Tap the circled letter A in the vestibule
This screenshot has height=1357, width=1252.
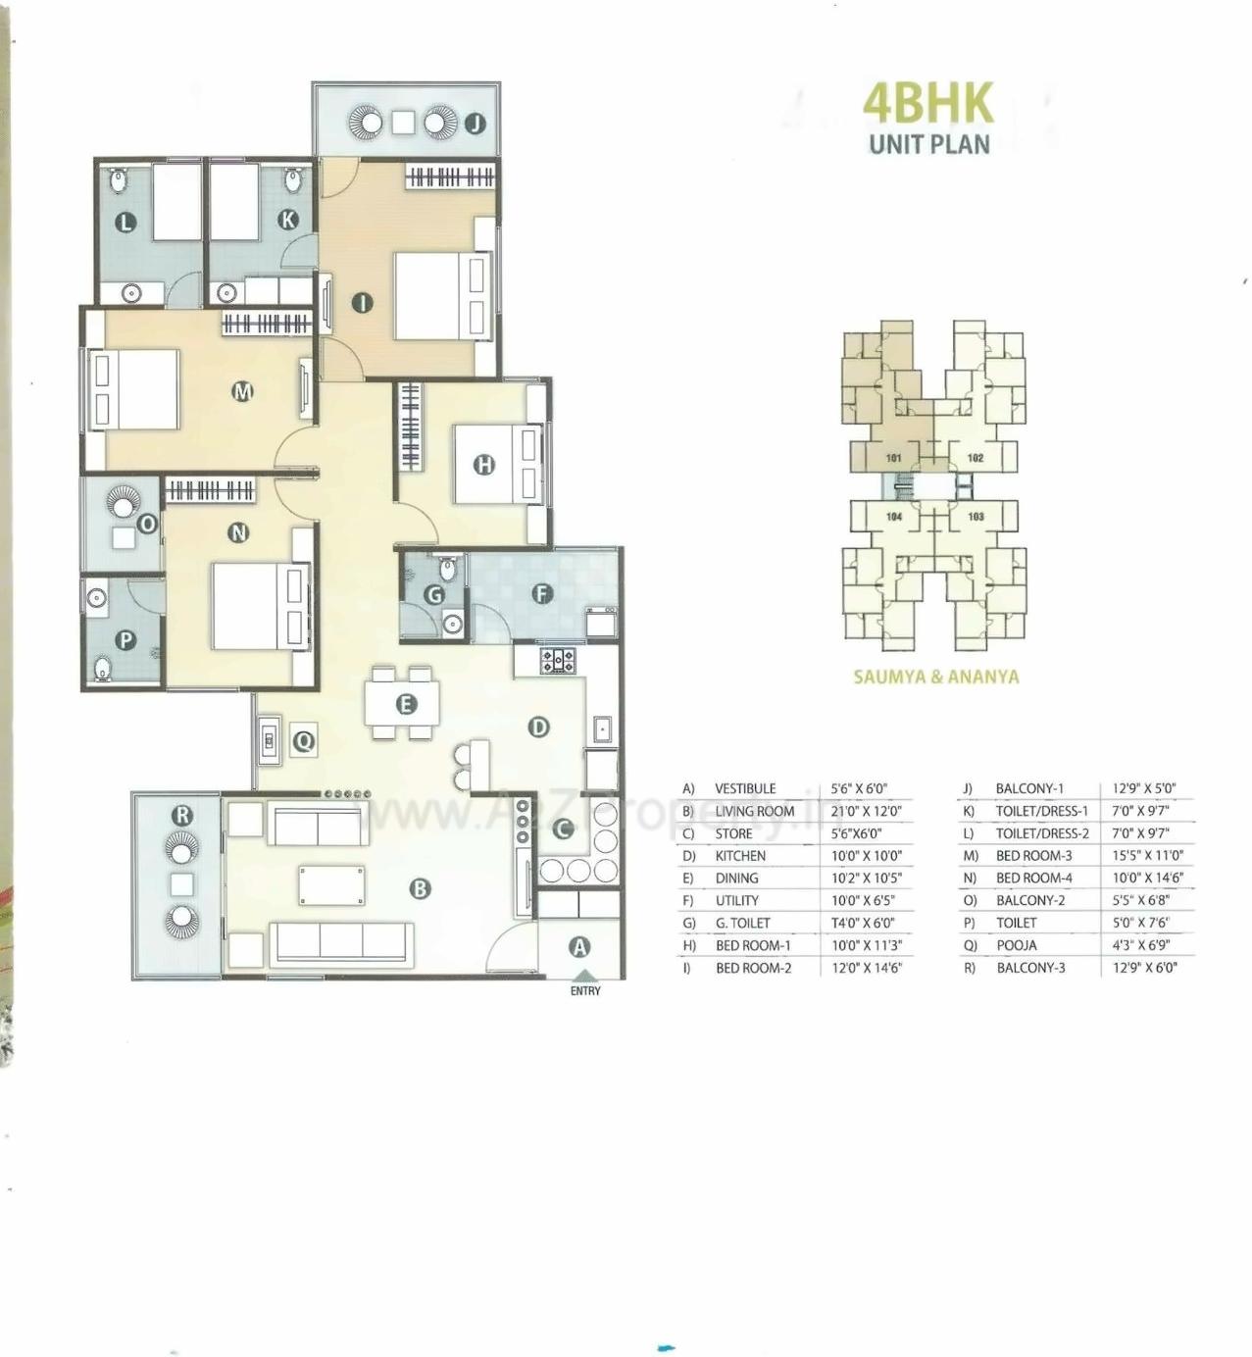[579, 947]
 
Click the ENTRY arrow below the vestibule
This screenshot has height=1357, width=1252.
[584, 977]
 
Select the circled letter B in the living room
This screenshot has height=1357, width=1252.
[420, 888]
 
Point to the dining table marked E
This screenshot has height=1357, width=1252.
[403, 703]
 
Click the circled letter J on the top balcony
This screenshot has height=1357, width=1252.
[476, 124]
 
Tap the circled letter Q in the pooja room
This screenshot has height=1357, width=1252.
[304, 740]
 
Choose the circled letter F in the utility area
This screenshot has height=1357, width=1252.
[541, 593]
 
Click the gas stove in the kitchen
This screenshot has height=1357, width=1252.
[559, 660]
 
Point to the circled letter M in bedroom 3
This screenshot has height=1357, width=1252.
[242, 392]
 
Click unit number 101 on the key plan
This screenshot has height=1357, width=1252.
[893, 458]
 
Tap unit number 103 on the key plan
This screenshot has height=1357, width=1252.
[976, 517]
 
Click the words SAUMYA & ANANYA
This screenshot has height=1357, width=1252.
[935, 677]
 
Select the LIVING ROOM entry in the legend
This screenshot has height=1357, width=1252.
[754, 811]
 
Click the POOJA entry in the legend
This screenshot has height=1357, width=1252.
[1016, 945]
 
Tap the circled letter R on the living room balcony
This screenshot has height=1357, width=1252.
[182, 815]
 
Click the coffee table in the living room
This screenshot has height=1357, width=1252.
[331, 885]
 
